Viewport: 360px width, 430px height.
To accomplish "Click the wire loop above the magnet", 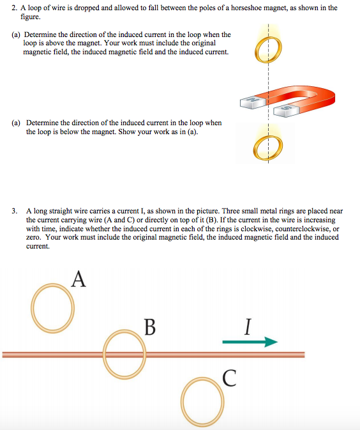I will [x=269, y=49].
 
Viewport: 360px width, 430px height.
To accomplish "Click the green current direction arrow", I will [x=250, y=342].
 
